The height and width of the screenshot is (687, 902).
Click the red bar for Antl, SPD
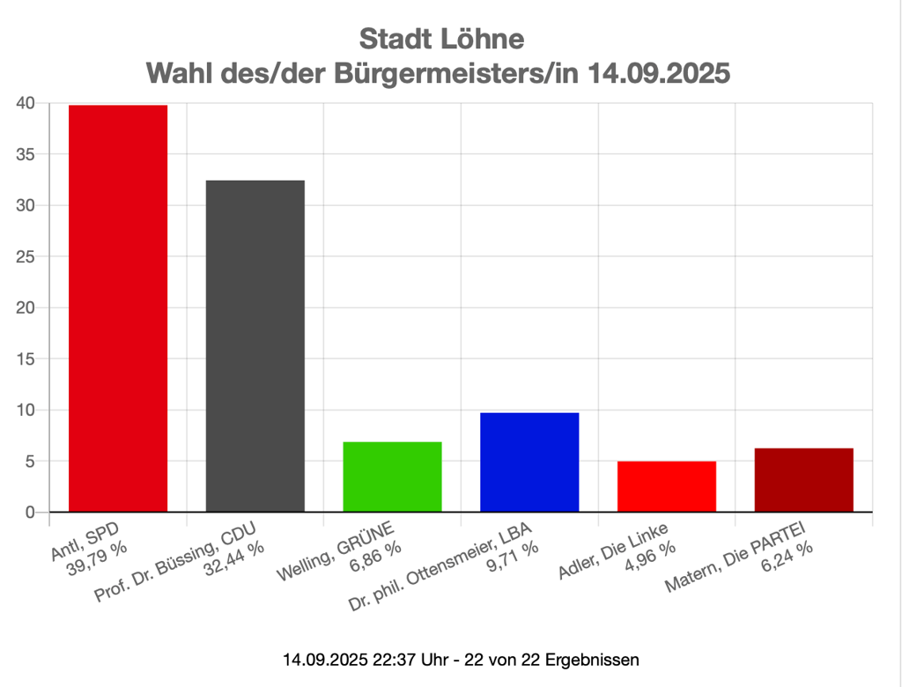(x=118, y=308)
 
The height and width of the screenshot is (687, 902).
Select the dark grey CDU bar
(x=255, y=345)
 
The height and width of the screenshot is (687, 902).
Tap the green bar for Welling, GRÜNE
(x=392, y=476)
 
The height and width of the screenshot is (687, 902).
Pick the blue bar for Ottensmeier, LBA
(x=529, y=462)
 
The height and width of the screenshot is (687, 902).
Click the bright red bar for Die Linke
(x=667, y=486)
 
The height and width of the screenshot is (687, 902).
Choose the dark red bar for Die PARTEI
(x=803, y=480)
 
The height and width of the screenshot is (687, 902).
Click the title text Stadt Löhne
(x=441, y=40)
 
